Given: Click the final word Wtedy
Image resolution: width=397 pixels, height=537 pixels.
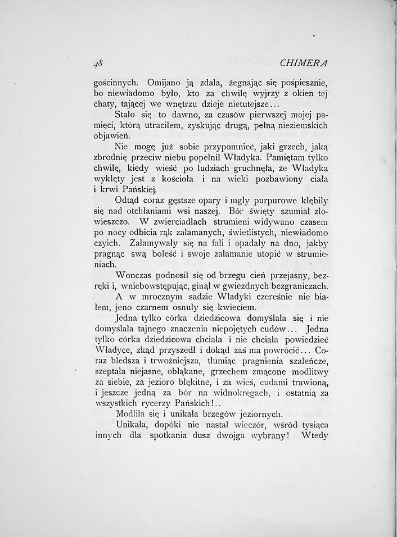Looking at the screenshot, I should click(x=314, y=435).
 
